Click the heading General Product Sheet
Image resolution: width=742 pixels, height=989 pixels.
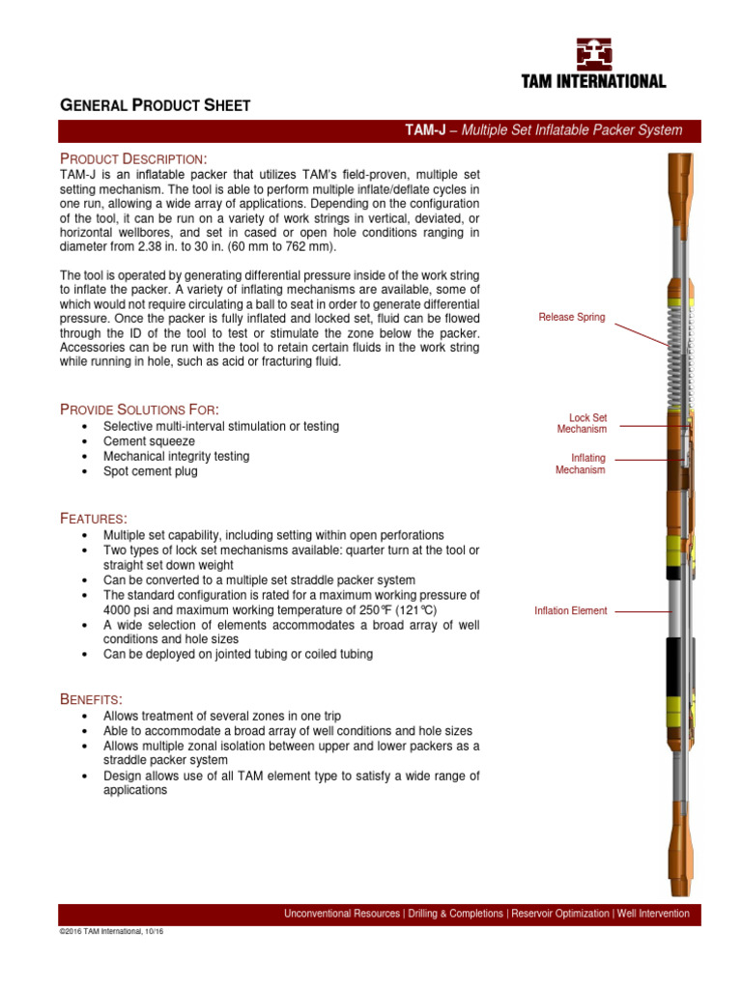pos(157,105)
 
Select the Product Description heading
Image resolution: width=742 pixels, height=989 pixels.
pos(133,158)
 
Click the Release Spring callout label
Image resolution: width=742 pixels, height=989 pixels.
pos(572,318)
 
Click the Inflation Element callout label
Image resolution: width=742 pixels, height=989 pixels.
pos(571,610)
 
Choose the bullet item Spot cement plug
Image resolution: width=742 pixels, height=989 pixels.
pos(150,470)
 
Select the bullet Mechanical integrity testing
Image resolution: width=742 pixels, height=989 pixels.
pos(176,456)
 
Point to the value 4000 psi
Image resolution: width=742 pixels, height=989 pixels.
pos(127,610)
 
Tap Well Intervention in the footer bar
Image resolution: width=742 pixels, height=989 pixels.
pos(654,913)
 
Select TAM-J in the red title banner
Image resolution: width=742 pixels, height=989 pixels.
pos(424,130)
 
